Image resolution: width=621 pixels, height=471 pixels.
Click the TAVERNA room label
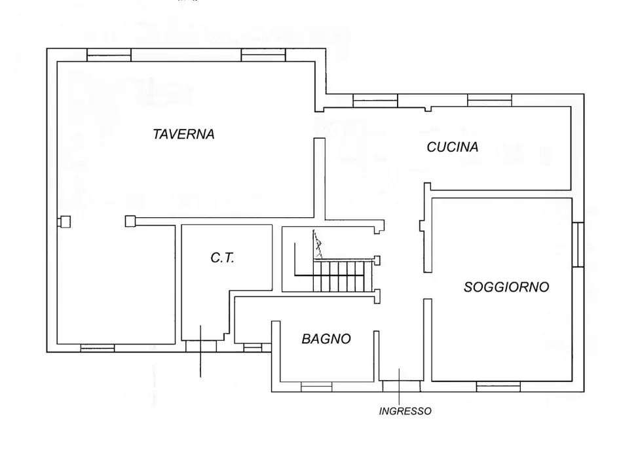point(183,135)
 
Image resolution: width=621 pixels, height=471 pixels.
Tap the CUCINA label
point(452,148)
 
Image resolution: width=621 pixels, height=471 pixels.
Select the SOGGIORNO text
point(506,287)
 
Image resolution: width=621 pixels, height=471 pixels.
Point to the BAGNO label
point(326,339)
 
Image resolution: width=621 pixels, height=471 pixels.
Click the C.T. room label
point(223,258)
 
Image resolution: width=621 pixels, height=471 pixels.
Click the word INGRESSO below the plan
point(405,411)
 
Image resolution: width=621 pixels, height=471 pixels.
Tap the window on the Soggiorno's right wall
point(578,245)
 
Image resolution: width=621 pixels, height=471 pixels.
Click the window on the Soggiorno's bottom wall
point(498,387)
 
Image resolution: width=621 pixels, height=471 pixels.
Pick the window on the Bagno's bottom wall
point(316,387)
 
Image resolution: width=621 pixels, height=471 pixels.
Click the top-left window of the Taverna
point(109,56)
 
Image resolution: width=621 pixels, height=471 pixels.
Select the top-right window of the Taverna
point(263,56)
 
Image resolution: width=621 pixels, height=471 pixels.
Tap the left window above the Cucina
point(375,100)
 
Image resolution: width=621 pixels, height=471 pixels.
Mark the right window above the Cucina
point(489,100)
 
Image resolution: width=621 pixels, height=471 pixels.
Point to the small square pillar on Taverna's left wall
point(64,222)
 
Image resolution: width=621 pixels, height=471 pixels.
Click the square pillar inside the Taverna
point(130,222)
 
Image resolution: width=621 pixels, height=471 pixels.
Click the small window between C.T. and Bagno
point(252,347)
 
